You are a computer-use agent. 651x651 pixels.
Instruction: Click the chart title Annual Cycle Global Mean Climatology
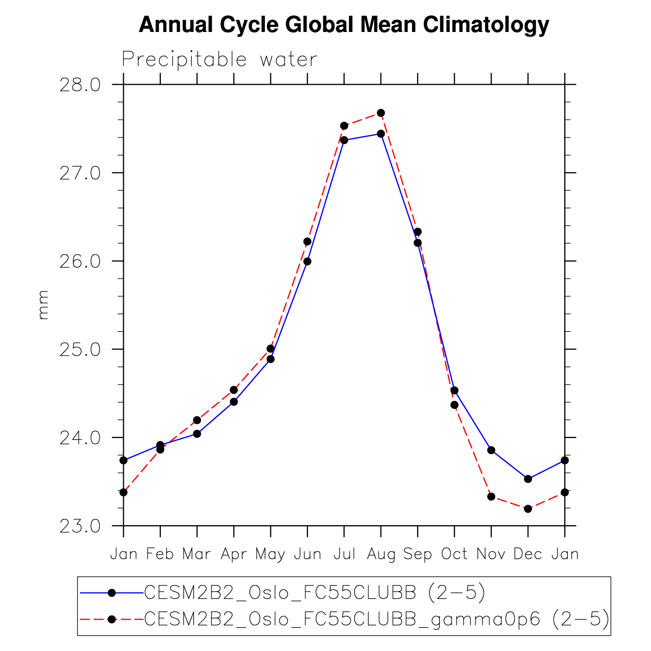(344, 24)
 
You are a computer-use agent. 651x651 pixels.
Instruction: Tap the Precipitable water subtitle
(219, 60)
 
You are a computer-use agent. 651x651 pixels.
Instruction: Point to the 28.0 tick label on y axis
(80, 85)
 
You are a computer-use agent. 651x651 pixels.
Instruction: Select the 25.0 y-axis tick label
(80, 350)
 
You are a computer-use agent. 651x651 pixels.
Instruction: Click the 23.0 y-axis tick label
(80, 526)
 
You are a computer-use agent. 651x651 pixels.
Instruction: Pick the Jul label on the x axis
(344, 554)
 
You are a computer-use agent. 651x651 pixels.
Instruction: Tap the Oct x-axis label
(454, 554)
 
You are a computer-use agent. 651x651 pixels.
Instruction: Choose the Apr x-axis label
(234, 554)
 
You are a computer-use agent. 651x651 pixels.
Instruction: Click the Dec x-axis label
(528, 554)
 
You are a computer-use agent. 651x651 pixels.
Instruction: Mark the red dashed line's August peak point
(381, 113)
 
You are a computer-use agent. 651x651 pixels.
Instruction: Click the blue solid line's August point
(381, 134)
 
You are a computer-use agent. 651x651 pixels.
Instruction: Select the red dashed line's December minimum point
(528, 508)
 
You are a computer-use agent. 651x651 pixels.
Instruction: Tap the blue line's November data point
(491, 450)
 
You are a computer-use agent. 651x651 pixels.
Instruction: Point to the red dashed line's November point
(491, 496)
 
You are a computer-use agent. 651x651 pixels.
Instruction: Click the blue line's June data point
(307, 261)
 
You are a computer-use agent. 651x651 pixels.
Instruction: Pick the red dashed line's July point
(344, 126)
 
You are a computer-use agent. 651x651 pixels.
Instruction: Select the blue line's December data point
(528, 479)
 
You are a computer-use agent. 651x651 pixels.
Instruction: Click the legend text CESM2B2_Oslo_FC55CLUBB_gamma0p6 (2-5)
(376, 619)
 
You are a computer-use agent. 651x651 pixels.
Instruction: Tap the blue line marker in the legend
(112, 592)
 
